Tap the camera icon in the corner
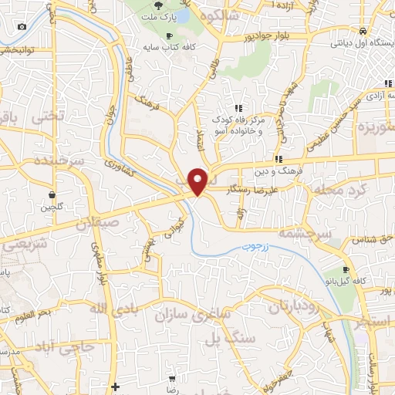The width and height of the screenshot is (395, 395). pyautogui.click(x=21, y=28)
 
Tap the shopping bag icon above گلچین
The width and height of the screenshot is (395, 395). pyautogui.click(x=52, y=194)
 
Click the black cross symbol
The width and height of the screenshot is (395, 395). pyautogui.click(x=115, y=387)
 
